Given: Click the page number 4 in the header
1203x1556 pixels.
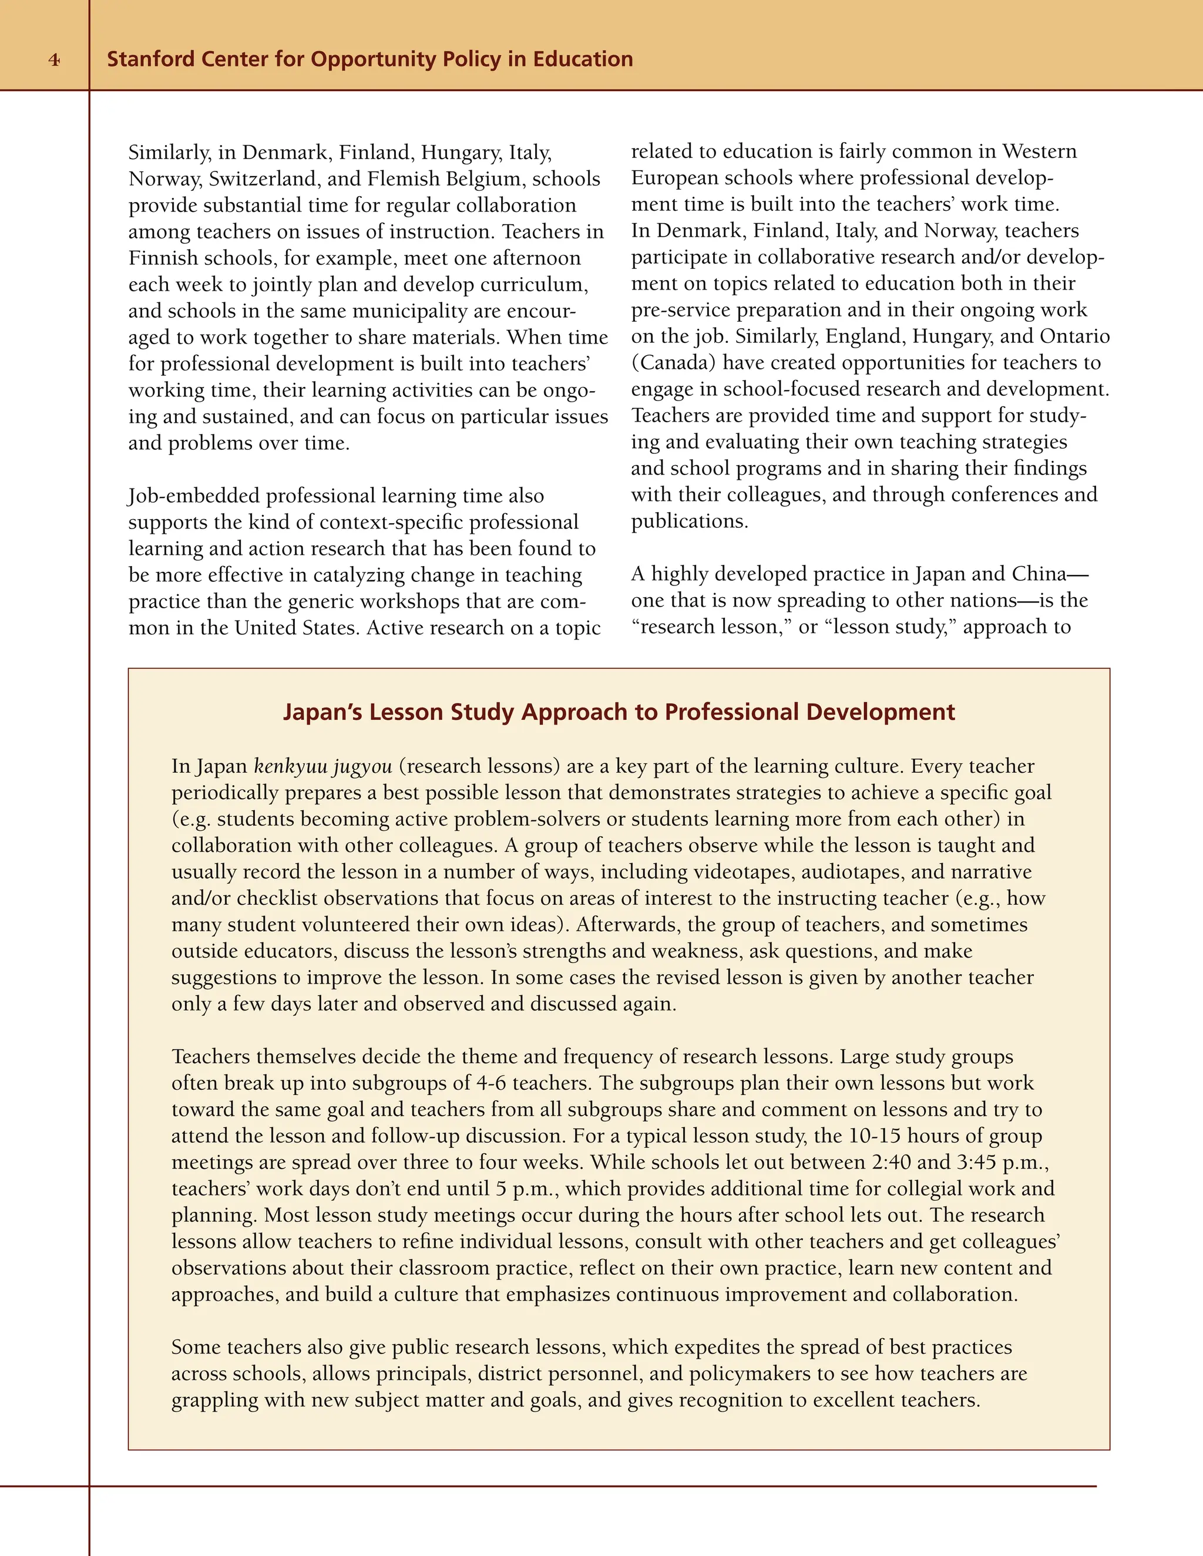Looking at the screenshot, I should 54,60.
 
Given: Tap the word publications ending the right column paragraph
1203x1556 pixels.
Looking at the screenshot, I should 688,521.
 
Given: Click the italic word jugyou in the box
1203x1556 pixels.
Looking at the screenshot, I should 362,767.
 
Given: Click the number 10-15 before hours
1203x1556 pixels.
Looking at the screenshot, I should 875,1136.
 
